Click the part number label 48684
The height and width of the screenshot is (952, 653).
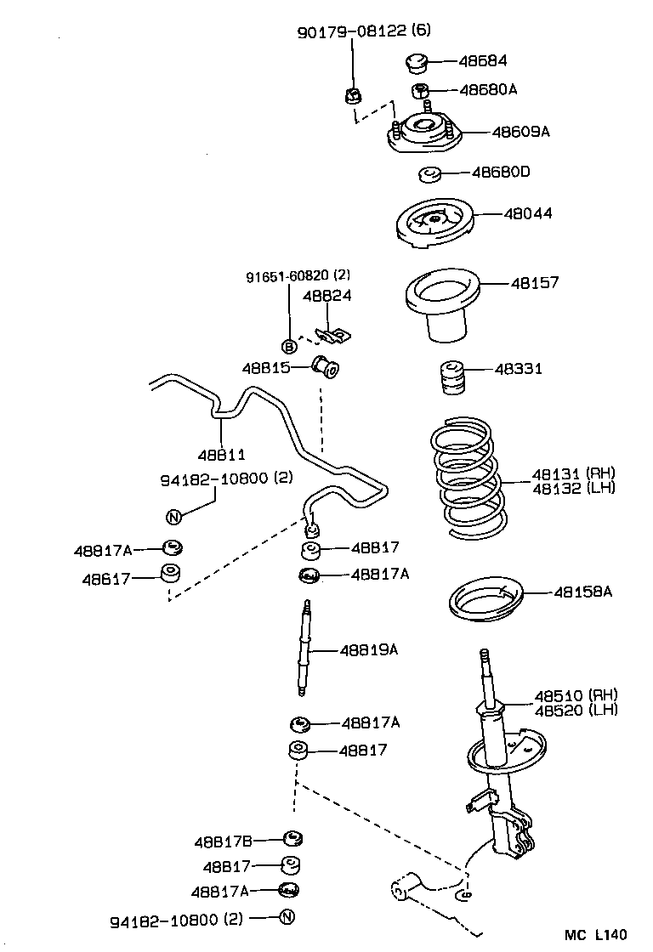pos(483,61)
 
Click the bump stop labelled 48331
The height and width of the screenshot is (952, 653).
pos(451,377)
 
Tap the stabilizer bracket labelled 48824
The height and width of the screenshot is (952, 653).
pos(329,336)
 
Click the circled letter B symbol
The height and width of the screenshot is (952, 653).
pos(289,346)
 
